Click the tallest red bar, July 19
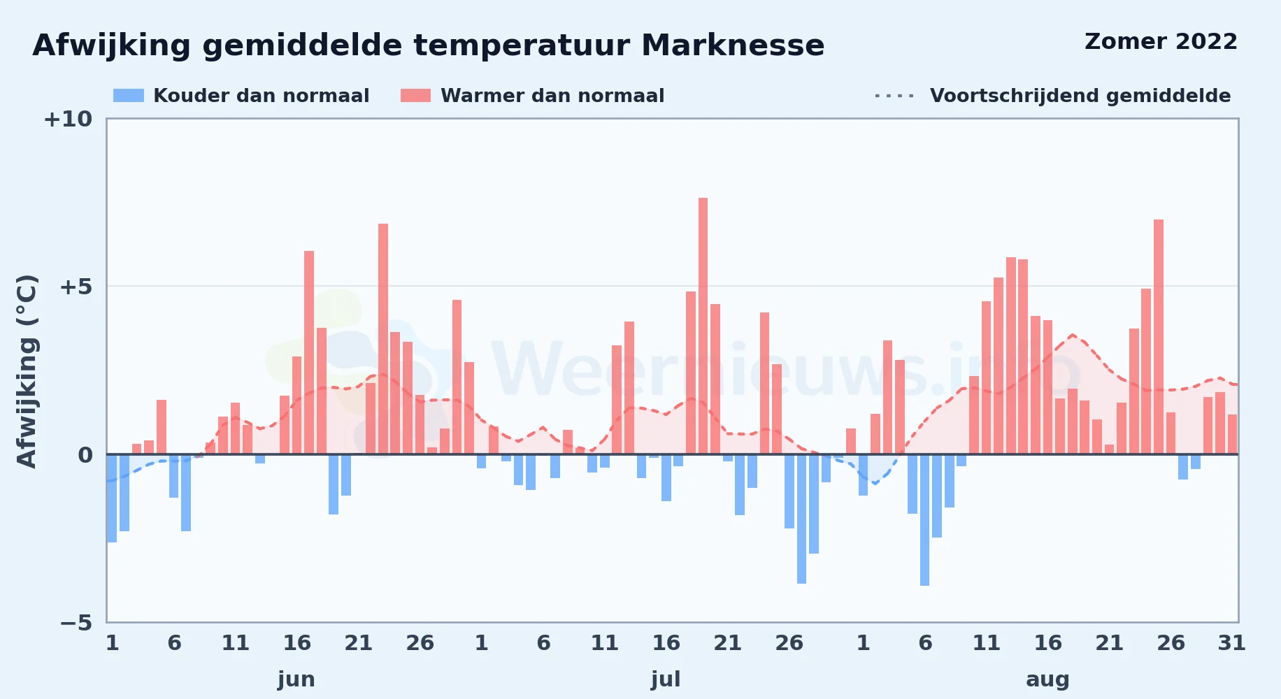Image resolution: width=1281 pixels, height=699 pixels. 703,326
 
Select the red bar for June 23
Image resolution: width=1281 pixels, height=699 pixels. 383,339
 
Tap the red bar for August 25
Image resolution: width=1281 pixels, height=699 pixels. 1159,337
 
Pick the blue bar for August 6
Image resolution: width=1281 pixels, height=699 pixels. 924,520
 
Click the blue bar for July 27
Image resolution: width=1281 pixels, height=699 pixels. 801,519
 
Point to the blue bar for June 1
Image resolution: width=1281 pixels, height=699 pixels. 112,498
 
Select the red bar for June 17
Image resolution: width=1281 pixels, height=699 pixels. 309,352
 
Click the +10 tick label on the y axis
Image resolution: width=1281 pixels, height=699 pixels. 68,120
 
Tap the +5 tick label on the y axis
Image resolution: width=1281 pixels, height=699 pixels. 76,287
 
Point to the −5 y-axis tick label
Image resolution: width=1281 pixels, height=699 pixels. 76,623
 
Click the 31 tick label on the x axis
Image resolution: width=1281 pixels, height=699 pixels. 1231,643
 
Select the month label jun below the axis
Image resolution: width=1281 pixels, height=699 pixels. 296,679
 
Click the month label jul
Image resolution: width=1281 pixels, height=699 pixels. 666,679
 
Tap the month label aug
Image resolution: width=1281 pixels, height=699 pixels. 1047,680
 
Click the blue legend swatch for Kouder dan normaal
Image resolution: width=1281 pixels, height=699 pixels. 129,96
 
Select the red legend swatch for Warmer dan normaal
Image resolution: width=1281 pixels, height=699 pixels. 415,96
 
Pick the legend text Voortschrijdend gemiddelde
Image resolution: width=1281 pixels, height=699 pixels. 1080,96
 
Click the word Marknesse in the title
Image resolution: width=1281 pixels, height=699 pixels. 733,45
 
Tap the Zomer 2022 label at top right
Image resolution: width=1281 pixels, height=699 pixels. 1161,42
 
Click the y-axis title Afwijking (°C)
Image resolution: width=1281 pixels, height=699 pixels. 27,371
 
